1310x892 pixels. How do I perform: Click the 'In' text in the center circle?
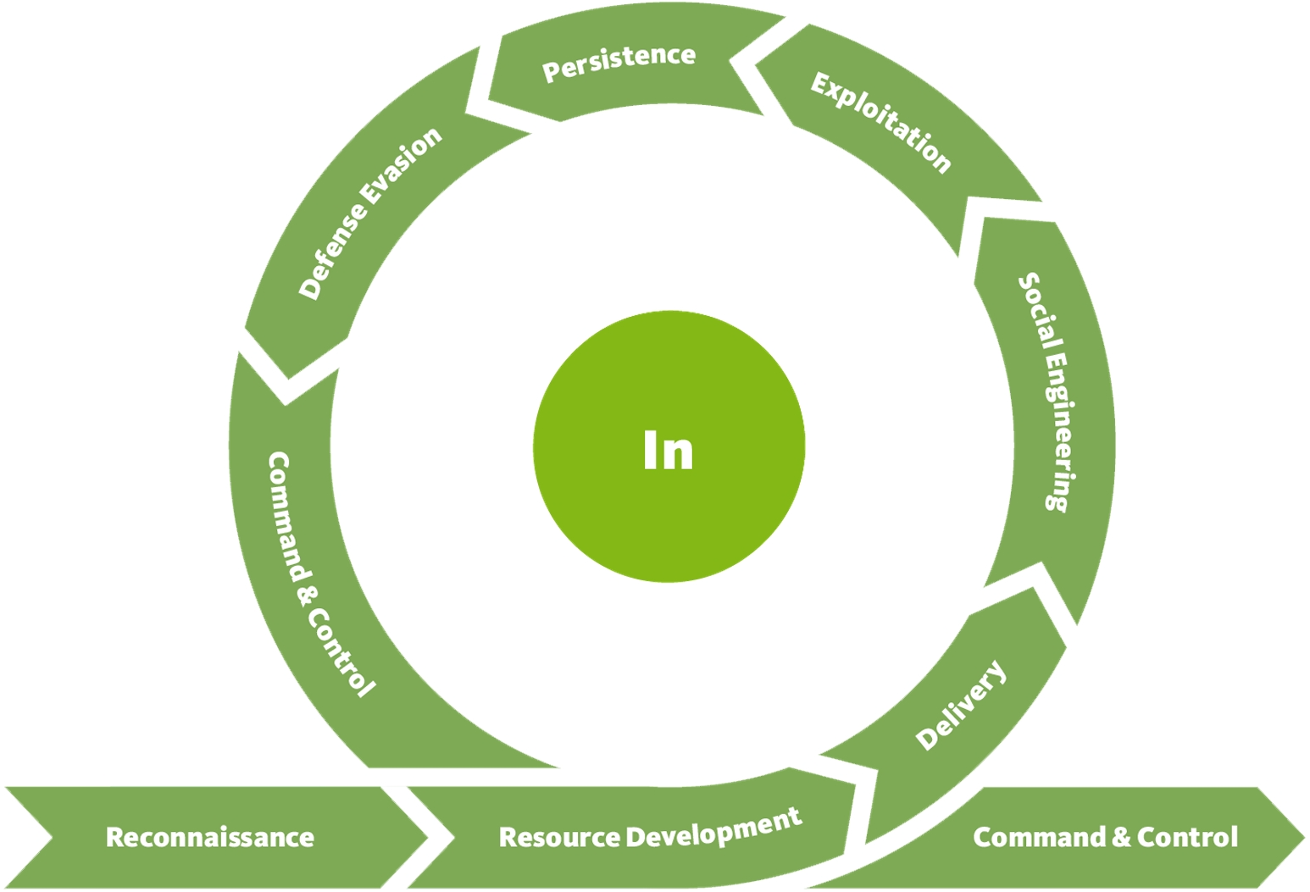(x=668, y=450)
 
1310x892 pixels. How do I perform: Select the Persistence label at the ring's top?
(x=619, y=63)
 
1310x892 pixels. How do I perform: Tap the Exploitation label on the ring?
(x=881, y=123)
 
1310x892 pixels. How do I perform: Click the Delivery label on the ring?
(x=962, y=705)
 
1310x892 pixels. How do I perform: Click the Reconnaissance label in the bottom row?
(x=209, y=837)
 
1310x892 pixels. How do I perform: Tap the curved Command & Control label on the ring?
(x=317, y=576)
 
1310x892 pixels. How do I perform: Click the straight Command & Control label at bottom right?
(x=1105, y=837)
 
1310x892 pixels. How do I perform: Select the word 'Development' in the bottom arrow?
(x=713, y=828)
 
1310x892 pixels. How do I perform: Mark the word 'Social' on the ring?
(x=1035, y=305)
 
